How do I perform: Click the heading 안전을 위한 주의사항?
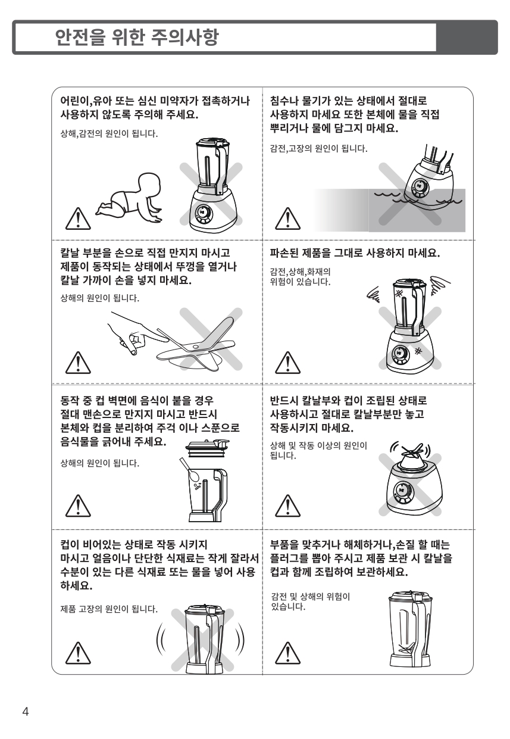point(137,37)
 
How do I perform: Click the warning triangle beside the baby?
point(78,219)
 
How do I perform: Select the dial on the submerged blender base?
point(420,187)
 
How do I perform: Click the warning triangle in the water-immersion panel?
point(287,219)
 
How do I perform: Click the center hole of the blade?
point(196,347)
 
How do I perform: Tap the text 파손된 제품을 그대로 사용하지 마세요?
point(355,253)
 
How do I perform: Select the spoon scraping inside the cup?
point(190,469)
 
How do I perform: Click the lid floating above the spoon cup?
point(207,448)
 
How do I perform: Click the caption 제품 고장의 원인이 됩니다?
point(109,609)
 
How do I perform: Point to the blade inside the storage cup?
point(406,650)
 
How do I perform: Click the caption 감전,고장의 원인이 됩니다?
point(318,148)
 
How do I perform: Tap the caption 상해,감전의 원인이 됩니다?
point(109,133)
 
